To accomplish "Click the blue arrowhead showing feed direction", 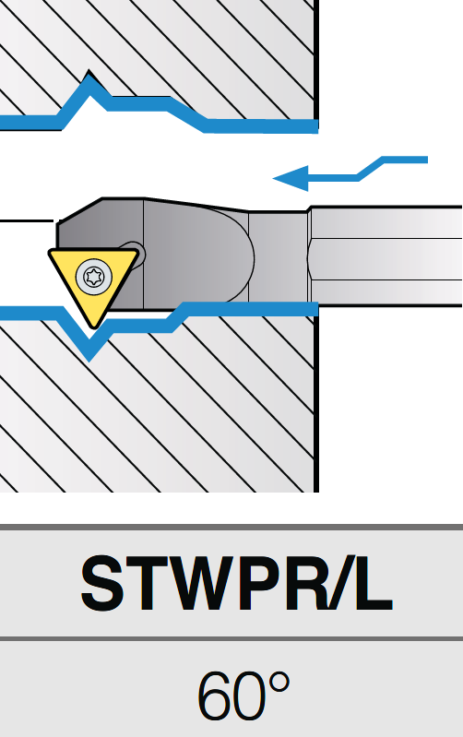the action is [291, 179].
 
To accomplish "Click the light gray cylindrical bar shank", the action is [386, 256].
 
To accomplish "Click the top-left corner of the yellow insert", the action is [50, 253].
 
